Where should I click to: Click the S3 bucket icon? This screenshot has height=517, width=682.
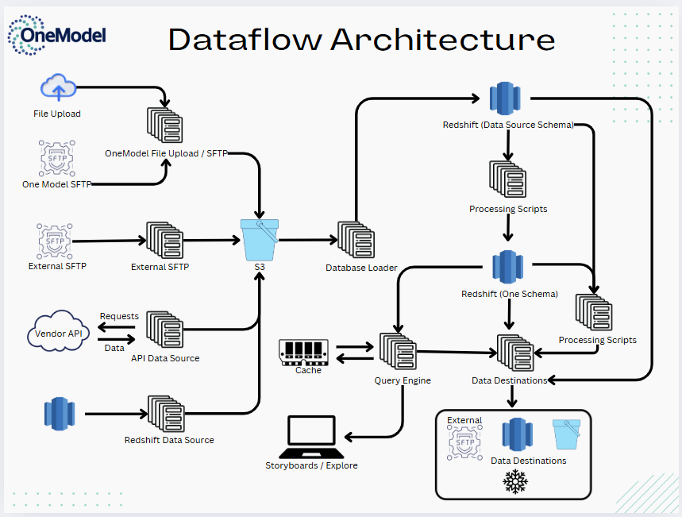click(x=260, y=240)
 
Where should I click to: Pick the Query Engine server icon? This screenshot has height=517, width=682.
click(x=398, y=352)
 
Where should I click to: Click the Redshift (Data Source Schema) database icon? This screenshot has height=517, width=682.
click(x=505, y=99)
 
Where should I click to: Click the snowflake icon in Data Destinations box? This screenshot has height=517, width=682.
click(x=516, y=481)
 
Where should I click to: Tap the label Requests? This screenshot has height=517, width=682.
click(x=119, y=316)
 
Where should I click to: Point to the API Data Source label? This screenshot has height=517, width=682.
click(x=165, y=358)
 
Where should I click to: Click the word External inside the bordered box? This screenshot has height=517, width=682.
click(x=464, y=420)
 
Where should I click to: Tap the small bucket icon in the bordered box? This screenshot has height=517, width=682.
click(x=567, y=434)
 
